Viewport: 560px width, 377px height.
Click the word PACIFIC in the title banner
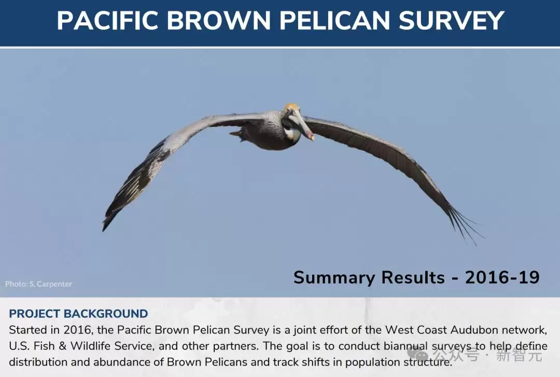[x=107, y=20]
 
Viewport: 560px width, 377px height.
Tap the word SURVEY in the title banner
[x=451, y=20]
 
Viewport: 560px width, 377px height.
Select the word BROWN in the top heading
[x=219, y=20]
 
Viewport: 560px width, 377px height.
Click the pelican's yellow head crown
[x=291, y=107]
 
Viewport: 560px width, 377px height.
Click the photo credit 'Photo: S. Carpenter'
[x=38, y=284]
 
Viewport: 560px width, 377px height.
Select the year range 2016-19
[x=502, y=277]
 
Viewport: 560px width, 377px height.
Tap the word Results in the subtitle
[x=413, y=277]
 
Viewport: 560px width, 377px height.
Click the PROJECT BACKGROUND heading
[x=78, y=313]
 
